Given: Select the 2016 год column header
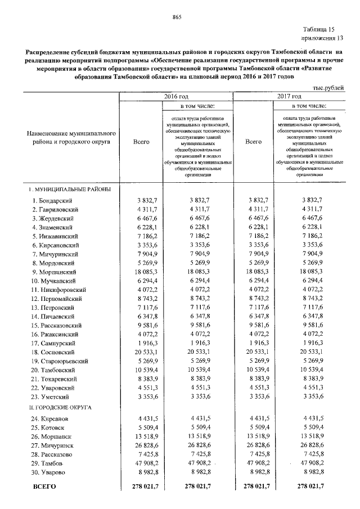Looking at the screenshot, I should point(175,97).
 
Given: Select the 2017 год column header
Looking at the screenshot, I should point(289,97).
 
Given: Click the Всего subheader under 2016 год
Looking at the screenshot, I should point(141,142).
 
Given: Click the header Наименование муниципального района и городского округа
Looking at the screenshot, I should point(71,138).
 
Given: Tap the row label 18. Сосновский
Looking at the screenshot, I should point(55,353).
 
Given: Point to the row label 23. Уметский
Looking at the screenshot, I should point(52,397).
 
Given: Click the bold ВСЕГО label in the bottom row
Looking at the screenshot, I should point(45,485).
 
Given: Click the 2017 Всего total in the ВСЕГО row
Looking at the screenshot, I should point(256,485).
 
